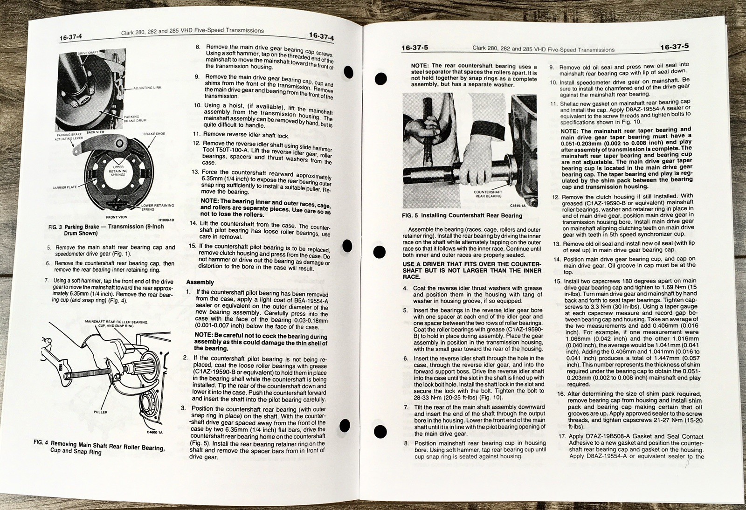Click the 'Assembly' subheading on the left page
[200, 282]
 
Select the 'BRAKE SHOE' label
[154, 134]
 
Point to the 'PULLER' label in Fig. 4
[100, 412]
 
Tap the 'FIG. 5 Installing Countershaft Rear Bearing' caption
[462, 215]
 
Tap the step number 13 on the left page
[195, 172]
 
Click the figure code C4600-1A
[154, 432]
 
